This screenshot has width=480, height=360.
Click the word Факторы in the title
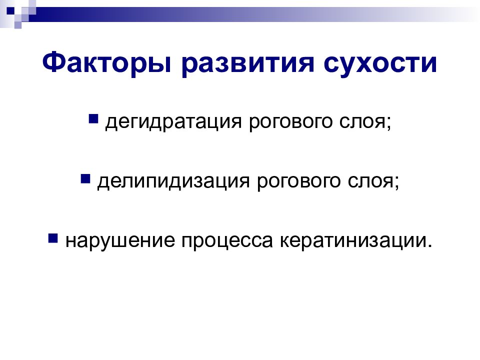pos(106,63)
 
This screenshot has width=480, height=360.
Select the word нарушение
pos(120,241)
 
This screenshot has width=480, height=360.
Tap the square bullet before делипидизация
pos(85,178)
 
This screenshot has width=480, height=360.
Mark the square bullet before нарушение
pos(53,238)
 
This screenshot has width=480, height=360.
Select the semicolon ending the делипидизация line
pos(396,183)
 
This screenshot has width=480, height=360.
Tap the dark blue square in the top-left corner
pos(10,11)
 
